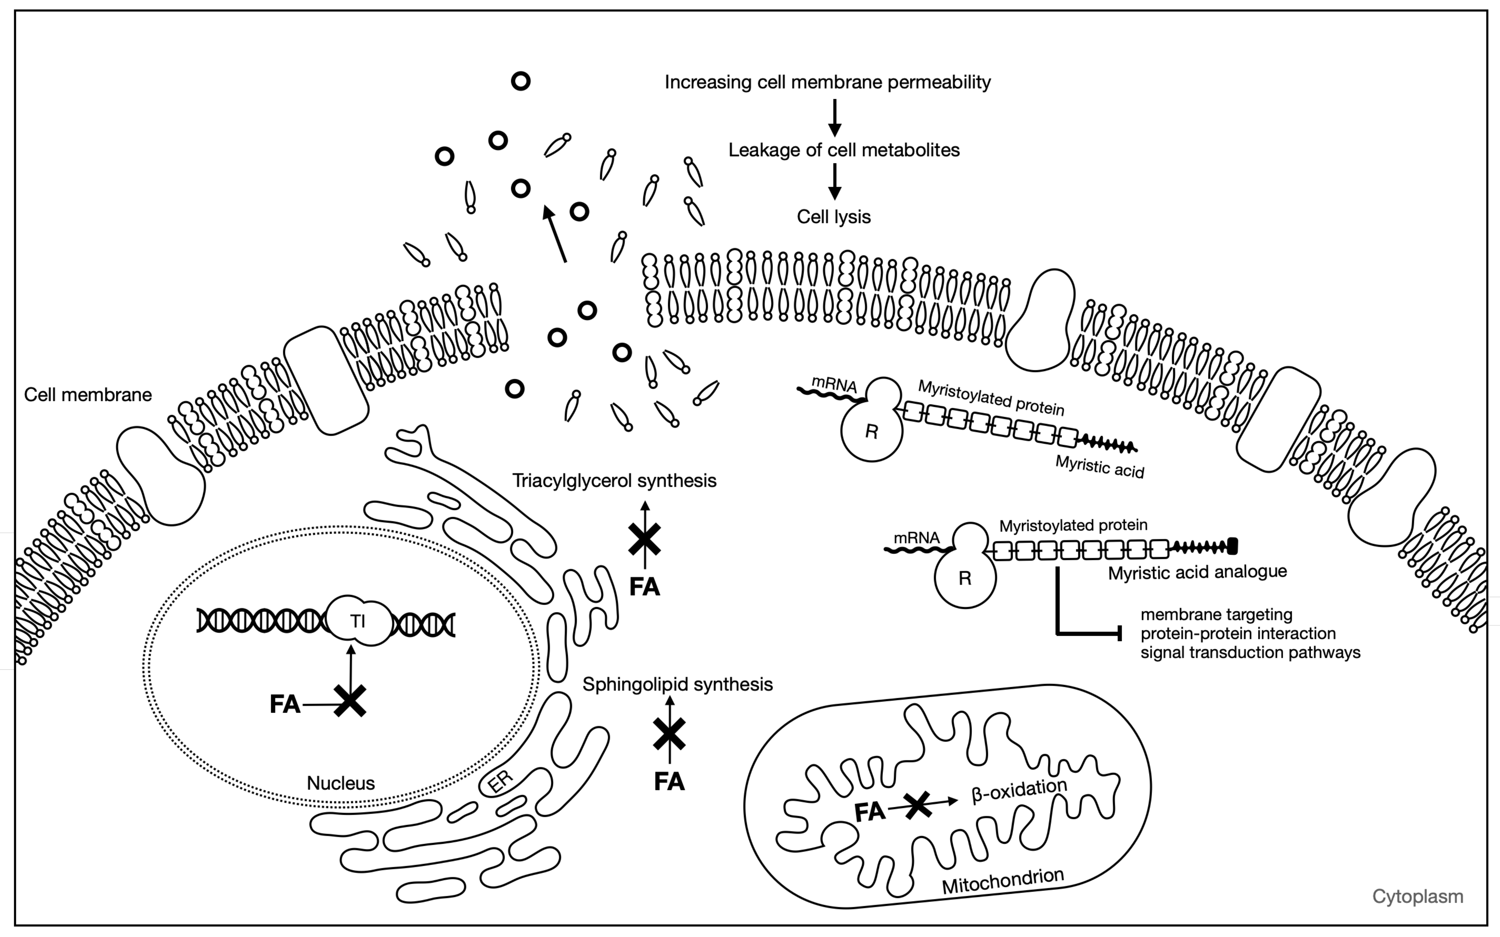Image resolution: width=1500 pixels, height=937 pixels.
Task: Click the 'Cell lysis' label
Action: (834, 217)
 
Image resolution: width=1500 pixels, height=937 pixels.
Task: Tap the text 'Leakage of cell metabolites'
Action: (844, 150)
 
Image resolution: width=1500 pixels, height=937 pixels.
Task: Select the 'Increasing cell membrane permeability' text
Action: (828, 82)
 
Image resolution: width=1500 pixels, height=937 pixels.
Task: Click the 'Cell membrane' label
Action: (88, 395)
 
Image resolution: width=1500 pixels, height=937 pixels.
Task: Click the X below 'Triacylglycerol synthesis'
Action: (645, 539)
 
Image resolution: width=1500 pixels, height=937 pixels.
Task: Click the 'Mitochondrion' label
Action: (1002, 881)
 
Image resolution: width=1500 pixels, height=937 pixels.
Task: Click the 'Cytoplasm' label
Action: (1417, 897)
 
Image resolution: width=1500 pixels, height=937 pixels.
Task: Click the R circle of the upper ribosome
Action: (872, 432)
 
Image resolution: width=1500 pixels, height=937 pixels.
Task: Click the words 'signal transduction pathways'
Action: (1250, 652)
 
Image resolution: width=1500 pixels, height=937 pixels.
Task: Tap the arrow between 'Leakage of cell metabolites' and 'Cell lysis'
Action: (835, 181)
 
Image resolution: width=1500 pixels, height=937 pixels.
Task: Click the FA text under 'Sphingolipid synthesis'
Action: (670, 781)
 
